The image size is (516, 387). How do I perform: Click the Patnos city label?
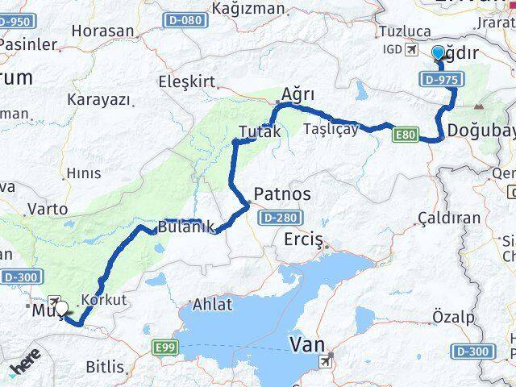(281, 194)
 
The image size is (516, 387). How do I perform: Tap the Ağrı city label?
(298, 94)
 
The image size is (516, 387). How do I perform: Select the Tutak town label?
(260, 132)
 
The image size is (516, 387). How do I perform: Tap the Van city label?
(308, 345)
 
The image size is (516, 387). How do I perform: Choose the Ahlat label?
(212, 304)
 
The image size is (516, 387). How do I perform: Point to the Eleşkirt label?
(187, 81)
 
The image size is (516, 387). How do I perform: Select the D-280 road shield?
(274, 217)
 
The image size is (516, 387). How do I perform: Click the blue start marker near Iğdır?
(438, 54)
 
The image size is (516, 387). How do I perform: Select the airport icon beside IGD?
(412, 51)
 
